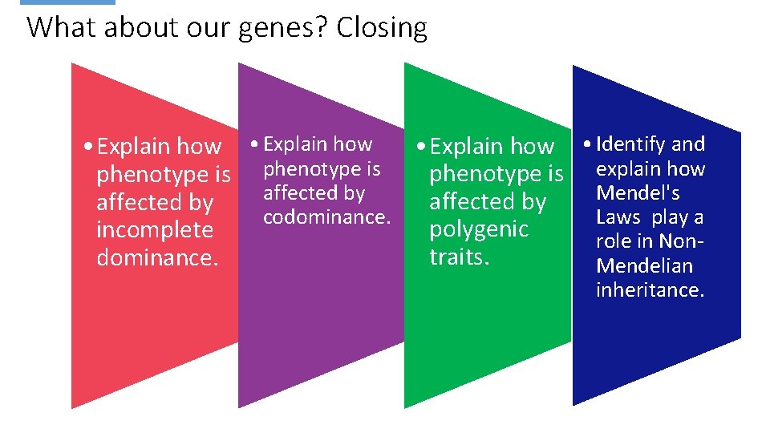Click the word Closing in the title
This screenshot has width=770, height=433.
coord(382,28)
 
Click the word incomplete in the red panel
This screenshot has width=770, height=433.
coord(155,230)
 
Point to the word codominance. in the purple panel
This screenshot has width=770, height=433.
coord(326,217)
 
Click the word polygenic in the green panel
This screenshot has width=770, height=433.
coord(479,229)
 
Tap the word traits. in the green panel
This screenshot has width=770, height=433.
coord(459,257)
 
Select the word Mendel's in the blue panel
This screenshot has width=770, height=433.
coord(638,193)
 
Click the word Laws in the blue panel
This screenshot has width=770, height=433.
coord(618,217)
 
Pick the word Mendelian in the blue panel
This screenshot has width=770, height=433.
coord(645,265)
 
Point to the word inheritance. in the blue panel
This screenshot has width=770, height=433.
coord(650,289)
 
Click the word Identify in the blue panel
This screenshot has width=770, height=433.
coord(630,144)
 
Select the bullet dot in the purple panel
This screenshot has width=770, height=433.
coord(253,145)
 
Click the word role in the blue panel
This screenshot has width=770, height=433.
coord(614,241)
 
